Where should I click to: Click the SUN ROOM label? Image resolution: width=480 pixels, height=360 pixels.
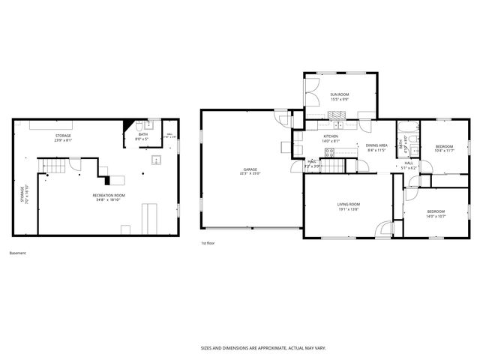point(340,94)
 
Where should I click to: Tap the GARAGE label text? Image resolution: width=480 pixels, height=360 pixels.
point(250,169)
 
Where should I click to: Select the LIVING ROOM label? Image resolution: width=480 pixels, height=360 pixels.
point(348,204)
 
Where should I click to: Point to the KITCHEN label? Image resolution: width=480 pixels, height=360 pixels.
point(331,136)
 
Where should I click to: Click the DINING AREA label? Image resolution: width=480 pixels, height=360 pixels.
point(376,145)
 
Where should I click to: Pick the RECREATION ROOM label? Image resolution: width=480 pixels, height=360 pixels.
point(109,195)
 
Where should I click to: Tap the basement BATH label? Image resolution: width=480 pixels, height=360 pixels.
point(142,134)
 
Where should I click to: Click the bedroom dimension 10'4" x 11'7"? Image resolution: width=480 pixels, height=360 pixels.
point(445,151)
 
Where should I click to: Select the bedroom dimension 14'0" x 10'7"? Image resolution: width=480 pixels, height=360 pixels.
point(436,216)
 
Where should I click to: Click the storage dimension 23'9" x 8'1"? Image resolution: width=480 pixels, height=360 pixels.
point(63,140)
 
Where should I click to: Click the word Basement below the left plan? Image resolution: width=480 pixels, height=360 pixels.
point(17,253)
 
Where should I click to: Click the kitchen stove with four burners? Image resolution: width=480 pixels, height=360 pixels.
point(328,153)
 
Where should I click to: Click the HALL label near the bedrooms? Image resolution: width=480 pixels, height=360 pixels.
point(409,163)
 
